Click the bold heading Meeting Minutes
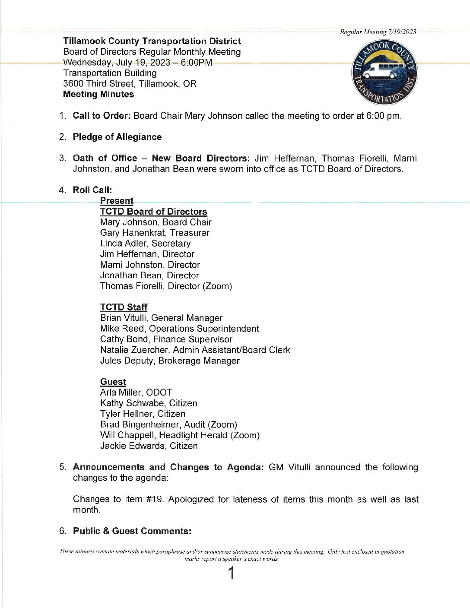98,94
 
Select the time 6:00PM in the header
197,62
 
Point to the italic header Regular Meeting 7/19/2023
378,32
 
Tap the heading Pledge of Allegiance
117,137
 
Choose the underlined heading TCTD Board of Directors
153,212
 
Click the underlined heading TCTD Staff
124,307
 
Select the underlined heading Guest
113,382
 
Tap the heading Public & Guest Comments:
132,531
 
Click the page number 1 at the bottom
232,573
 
